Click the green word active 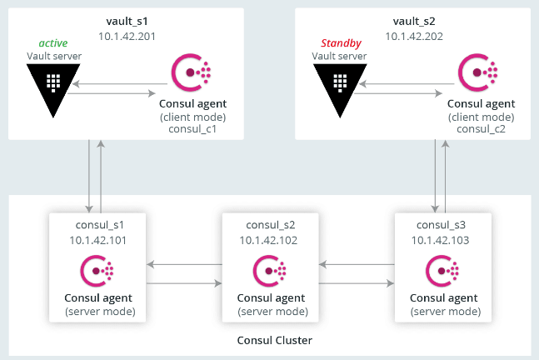(53, 43)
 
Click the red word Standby (341, 43)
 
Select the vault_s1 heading (127, 22)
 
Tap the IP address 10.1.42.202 (414, 36)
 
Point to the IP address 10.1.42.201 (127, 36)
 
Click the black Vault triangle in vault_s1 (53, 90)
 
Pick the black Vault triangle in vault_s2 (340, 90)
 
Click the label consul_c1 (192, 129)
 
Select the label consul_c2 (481, 129)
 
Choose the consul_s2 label (271, 225)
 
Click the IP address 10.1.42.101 (98, 240)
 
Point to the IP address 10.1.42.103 (441, 240)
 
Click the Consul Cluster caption (275, 340)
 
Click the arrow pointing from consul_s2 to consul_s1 (184, 264)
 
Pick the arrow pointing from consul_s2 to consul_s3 (357, 283)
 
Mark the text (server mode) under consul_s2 (273, 312)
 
